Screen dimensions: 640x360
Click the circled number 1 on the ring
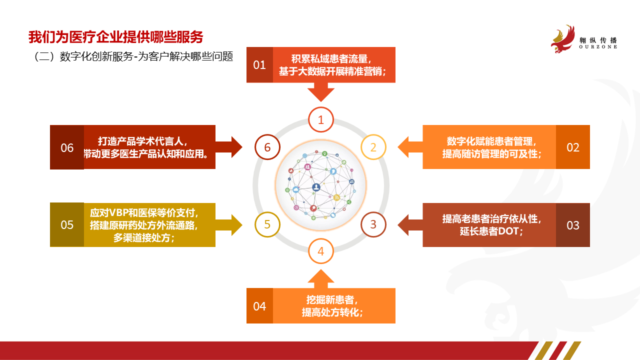[x=321, y=119]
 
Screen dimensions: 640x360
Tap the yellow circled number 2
[x=373, y=147]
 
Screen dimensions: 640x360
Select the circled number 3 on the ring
[x=373, y=224]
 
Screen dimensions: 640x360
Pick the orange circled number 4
[x=321, y=251]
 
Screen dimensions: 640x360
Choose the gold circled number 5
[x=267, y=224]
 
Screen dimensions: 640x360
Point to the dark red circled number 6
[x=267, y=147]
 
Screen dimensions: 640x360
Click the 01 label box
[x=259, y=65]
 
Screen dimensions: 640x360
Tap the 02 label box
[x=573, y=147]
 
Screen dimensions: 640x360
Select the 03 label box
[x=573, y=225]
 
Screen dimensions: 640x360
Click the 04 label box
[x=259, y=305]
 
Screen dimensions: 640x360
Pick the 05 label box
[x=67, y=225]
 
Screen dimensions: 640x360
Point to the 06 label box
[x=67, y=147]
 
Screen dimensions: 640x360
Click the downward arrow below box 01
[x=321, y=92]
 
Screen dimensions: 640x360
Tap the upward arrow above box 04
[x=321, y=278]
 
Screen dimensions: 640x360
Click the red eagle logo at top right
[x=562, y=39]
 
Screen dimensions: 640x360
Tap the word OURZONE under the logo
[x=598, y=47]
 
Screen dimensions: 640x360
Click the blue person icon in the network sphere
[x=316, y=187]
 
